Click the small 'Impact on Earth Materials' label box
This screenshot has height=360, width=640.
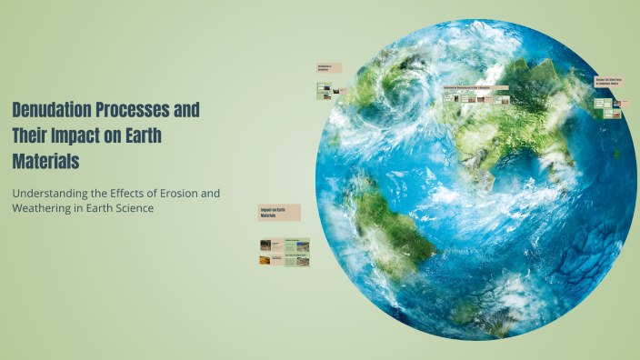click(279, 213)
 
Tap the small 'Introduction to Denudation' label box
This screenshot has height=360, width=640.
click(329, 67)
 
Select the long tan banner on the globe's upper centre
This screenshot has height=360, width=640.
click(478, 88)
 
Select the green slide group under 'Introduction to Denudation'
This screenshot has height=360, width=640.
click(328, 90)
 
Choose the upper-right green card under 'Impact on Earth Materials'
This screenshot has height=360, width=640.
click(297, 244)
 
